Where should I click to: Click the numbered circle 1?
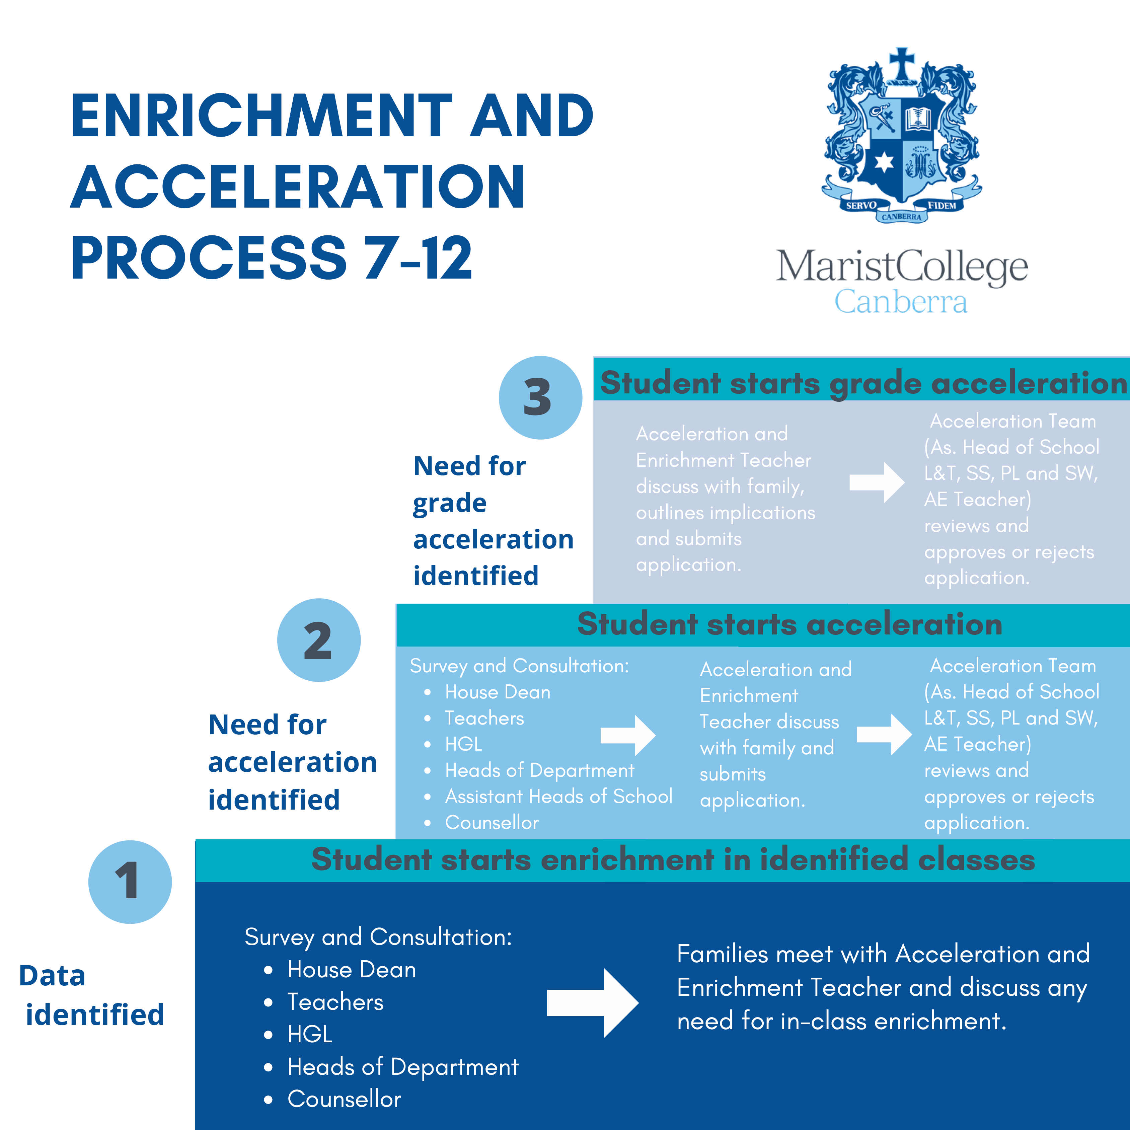coord(130,882)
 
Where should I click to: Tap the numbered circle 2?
coord(319,640)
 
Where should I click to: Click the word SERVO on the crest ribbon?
coord(861,205)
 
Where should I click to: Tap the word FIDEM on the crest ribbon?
coord(941,205)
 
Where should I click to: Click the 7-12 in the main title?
coord(418,258)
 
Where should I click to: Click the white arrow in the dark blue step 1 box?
coord(592,1002)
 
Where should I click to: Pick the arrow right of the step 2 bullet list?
coord(627,735)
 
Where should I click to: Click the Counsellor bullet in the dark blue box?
coord(344,1099)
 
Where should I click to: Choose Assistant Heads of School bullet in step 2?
coord(558,796)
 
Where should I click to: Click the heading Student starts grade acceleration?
coord(863,383)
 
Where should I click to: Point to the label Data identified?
coord(92,994)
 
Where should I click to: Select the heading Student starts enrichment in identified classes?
coord(673,859)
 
